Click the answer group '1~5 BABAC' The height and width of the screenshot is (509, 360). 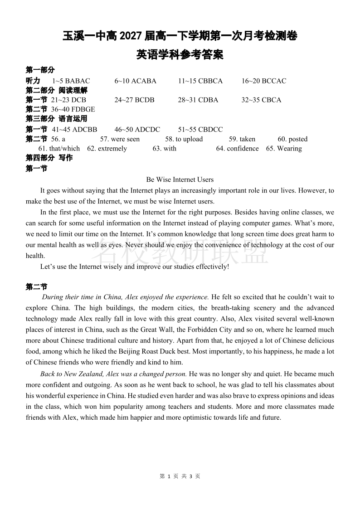pyautogui.click(x=71, y=81)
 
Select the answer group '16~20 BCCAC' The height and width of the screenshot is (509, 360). pyautogui.click(x=263, y=81)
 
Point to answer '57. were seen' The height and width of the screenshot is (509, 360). pyautogui.click(x=120, y=139)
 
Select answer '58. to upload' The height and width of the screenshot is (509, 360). pyautogui.click(x=184, y=139)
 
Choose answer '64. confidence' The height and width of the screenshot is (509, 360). pyautogui.click(x=237, y=149)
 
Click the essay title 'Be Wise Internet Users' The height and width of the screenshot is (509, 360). pyautogui.click(x=180, y=179)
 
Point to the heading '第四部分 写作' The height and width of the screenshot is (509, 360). pyautogui.click(x=49, y=158)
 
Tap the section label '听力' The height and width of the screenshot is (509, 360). pyautogui.click(x=33, y=81)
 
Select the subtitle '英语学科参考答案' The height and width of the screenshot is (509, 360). pyautogui.click(x=180, y=55)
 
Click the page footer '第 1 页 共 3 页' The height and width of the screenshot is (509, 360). pyautogui.click(x=180, y=476)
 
